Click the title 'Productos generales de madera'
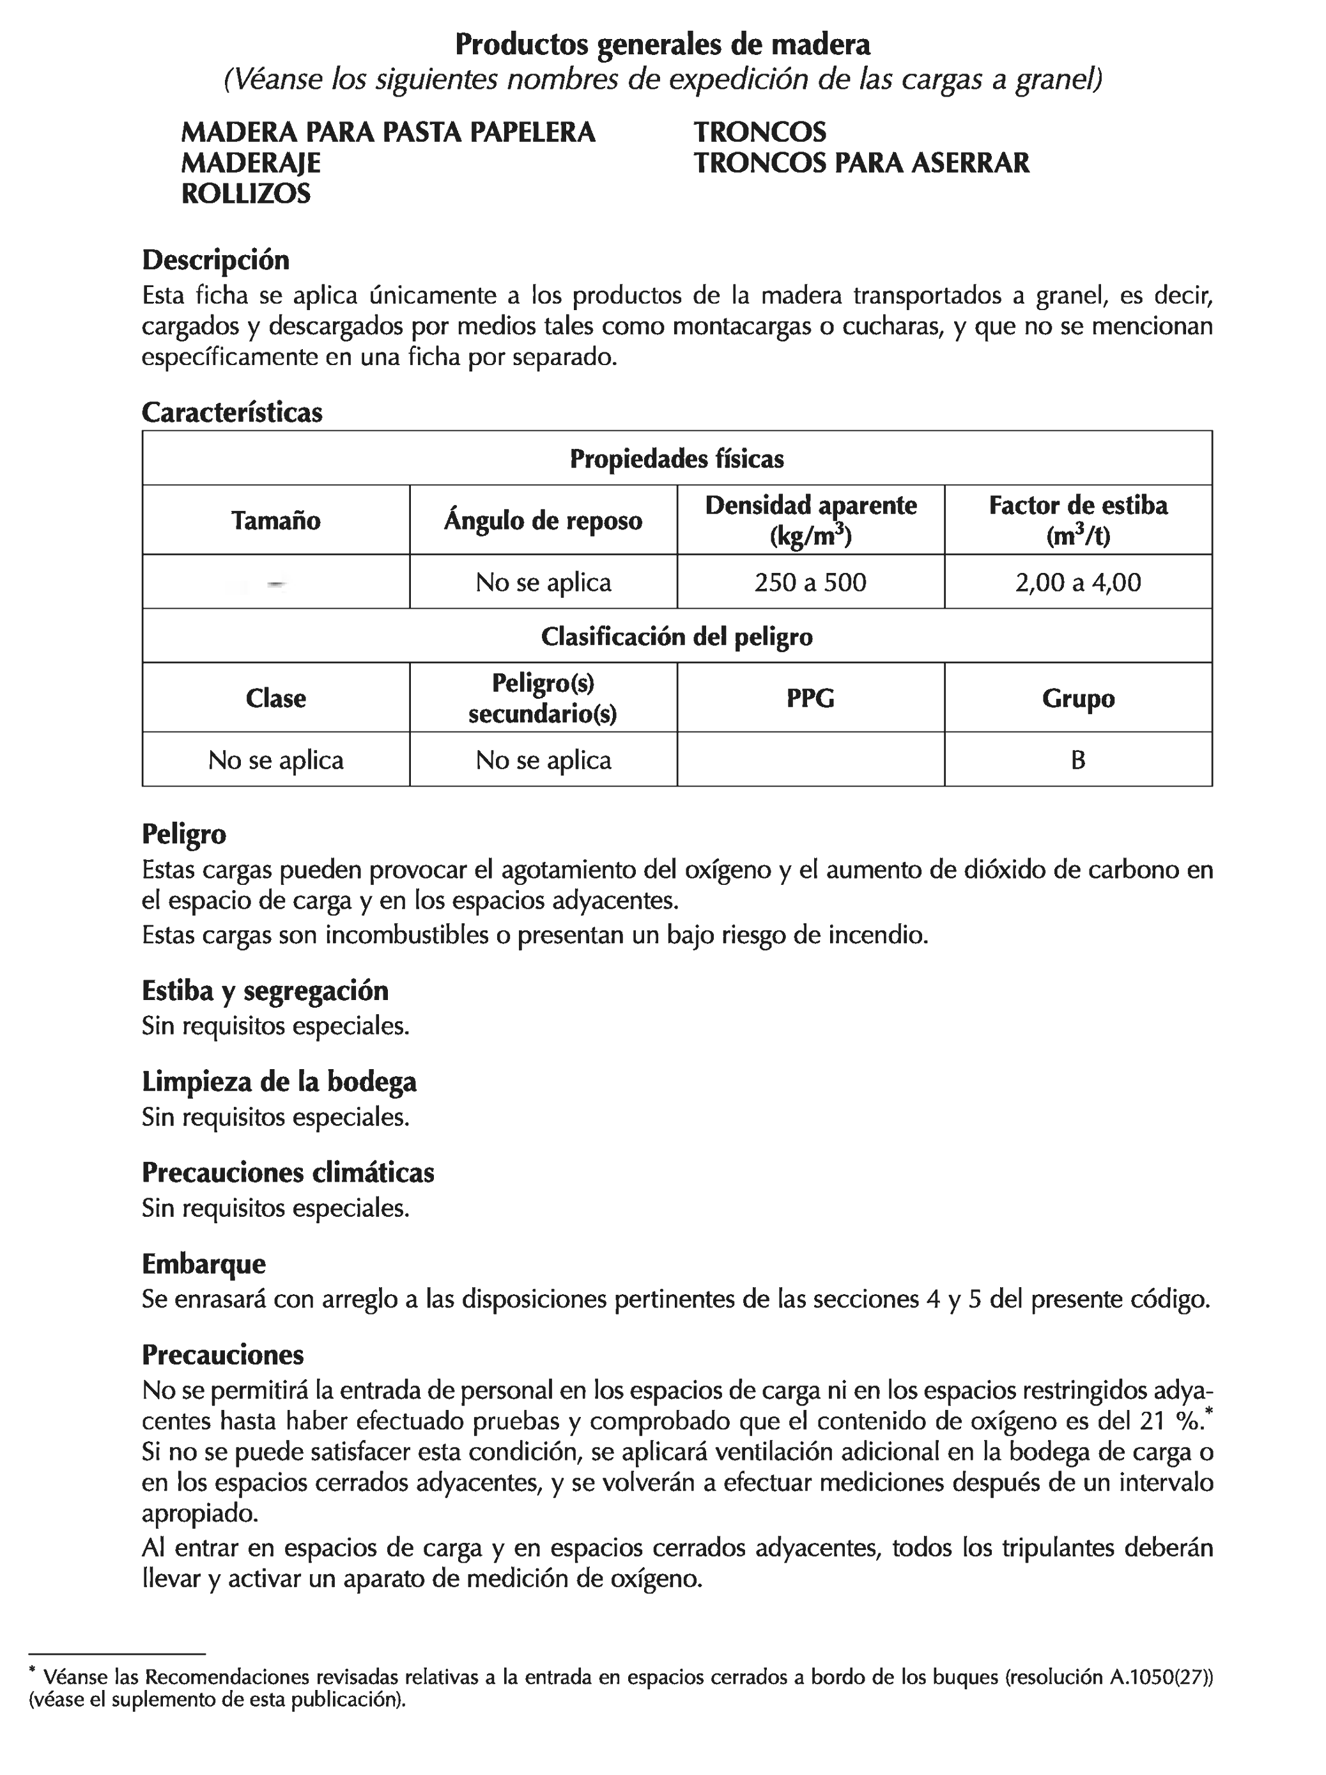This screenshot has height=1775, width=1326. tap(662, 44)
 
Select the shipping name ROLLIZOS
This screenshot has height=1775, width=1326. tap(245, 193)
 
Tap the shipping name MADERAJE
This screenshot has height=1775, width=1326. tap(251, 163)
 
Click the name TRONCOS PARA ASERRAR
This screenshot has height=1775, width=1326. tap(861, 163)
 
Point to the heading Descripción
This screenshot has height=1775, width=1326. tap(215, 260)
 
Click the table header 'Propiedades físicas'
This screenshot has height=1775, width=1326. tap(676, 459)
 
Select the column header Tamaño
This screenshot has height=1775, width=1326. tap(275, 520)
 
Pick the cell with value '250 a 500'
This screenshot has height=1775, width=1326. tap(810, 583)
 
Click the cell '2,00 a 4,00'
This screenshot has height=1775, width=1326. tap(1077, 583)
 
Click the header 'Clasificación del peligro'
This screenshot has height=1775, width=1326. tap(676, 636)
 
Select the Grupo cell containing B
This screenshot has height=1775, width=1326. tap(1077, 760)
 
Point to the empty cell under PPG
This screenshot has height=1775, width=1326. tap(810, 760)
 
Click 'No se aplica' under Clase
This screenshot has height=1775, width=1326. tap(275, 760)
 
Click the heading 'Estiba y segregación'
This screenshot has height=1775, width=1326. tap(265, 991)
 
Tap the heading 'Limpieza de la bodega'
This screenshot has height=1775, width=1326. tap(279, 1082)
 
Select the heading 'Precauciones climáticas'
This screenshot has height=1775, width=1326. tap(288, 1173)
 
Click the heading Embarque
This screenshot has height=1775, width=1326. tap(204, 1264)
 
